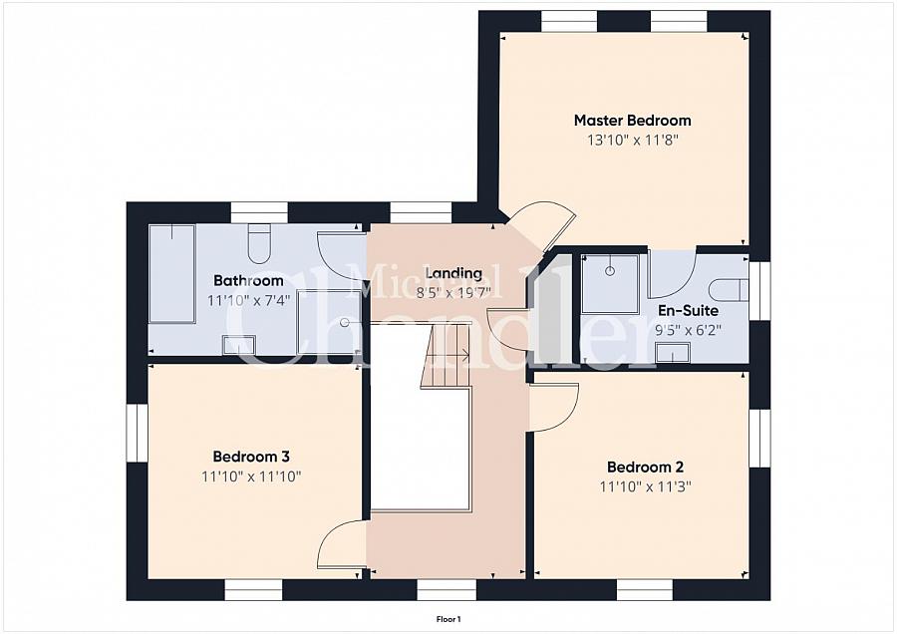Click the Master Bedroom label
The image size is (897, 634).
(x=632, y=121)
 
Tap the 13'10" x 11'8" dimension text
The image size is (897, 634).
(x=632, y=141)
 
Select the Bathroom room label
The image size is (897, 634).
(x=248, y=280)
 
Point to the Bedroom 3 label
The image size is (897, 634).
(x=251, y=457)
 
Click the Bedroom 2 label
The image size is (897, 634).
(x=645, y=468)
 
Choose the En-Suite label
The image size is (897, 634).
(x=688, y=311)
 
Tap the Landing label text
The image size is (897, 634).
(x=454, y=273)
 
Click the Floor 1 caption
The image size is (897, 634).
(x=448, y=619)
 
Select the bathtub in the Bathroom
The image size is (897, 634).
(x=171, y=274)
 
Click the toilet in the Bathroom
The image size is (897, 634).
(x=259, y=243)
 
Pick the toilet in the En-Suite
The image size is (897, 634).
(x=729, y=290)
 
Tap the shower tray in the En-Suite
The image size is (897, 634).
(x=610, y=284)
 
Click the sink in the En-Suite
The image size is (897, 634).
(x=673, y=353)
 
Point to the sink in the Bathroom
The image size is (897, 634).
(x=238, y=345)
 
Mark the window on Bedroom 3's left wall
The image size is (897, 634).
(x=138, y=434)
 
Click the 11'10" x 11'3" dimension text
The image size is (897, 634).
(x=645, y=486)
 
